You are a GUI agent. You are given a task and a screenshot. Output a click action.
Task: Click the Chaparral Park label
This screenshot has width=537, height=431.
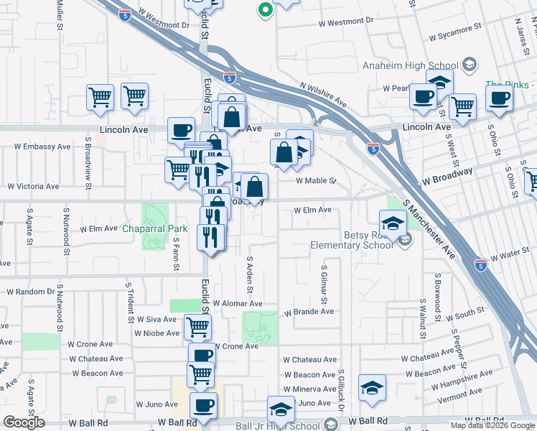[x=154, y=228]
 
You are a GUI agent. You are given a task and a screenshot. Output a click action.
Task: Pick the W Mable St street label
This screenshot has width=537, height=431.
[x=315, y=181]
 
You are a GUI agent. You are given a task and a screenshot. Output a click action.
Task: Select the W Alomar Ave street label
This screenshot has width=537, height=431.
[x=237, y=305]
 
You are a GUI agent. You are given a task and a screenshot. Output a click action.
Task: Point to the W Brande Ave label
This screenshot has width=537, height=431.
[x=309, y=312]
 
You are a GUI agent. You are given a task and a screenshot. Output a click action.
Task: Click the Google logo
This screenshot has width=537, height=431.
[x=24, y=422]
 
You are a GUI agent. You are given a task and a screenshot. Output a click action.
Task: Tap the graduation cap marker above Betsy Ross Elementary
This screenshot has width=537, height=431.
[x=393, y=223]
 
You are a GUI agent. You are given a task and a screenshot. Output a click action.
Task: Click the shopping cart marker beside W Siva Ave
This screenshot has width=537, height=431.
[x=198, y=327]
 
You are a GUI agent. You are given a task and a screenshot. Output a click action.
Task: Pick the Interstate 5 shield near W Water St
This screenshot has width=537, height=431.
[x=482, y=264]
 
